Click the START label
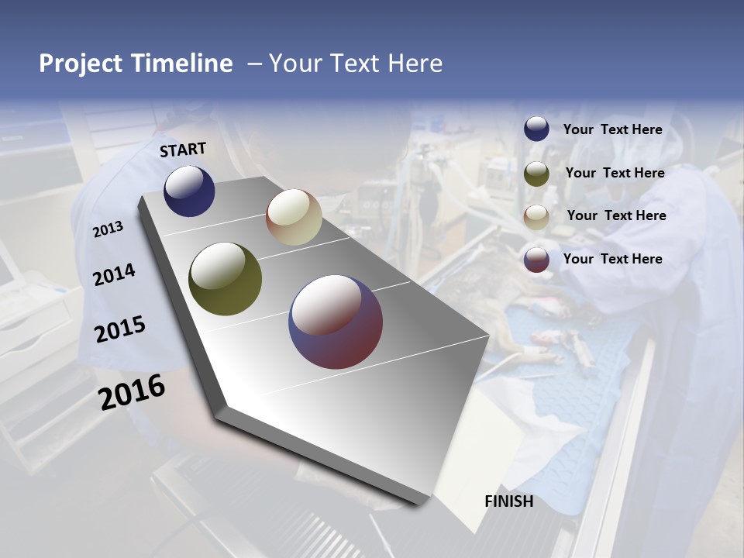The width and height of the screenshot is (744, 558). click(x=183, y=150)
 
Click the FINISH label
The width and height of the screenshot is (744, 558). click(x=508, y=501)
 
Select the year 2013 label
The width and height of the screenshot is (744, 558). click(x=108, y=229)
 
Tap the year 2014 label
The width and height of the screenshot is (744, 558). click(x=114, y=274)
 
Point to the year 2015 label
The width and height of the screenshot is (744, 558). click(x=119, y=329)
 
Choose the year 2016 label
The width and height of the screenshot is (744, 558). click(x=132, y=391)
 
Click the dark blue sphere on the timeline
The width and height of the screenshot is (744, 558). click(x=189, y=191)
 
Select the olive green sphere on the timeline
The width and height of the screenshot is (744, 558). click(x=225, y=279)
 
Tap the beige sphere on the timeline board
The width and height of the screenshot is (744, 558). click(x=294, y=217)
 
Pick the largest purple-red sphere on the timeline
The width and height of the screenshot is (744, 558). click(x=336, y=322)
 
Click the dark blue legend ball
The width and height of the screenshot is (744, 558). click(x=536, y=129)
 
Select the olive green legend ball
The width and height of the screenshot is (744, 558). click(x=536, y=174)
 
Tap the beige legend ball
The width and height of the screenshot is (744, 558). click(x=536, y=217)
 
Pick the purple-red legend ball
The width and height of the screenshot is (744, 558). click(x=536, y=260)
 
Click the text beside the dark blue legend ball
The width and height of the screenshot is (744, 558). click(x=612, y=129)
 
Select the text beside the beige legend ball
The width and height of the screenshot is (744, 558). click(x=616, y=215)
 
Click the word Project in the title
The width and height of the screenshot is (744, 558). click(x=81, y=64)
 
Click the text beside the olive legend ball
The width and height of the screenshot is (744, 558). click(x=615, y=173)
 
